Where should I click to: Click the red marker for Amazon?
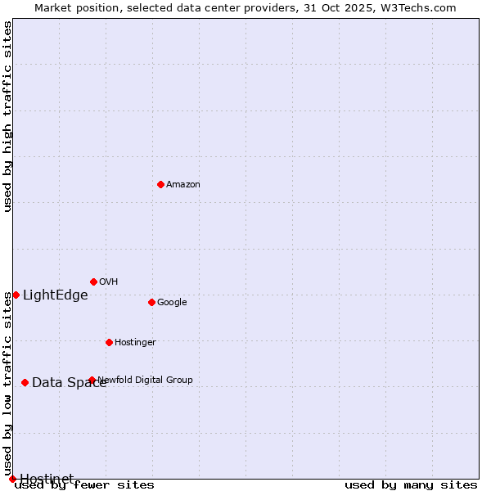(x=160, y=184)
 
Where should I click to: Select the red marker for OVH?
(x=93, y=282)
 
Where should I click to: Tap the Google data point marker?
(x=151, y=302)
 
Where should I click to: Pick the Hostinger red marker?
(x=109, y=342)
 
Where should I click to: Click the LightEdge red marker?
(x=16, y=295)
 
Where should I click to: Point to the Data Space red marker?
(x=25, y=382)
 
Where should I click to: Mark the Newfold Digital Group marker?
(x=92, y=380)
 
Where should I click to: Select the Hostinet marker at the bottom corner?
(x=12, y=479)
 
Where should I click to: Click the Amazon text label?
(x=183, y=184)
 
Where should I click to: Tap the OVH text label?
(x=109, y=282)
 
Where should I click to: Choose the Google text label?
(x=172, y=302)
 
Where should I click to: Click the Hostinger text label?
(x=135, y=342)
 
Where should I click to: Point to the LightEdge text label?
(x=55, y=295)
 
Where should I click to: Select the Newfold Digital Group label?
(x=146, y=380)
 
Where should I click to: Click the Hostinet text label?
(x=47, y=479)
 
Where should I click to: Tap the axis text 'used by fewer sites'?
(x=84, y=485)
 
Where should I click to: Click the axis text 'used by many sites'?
(x=411, y=485)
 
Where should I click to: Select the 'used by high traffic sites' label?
(x=8, y=116)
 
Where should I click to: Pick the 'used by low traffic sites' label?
(x=8, y=383)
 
